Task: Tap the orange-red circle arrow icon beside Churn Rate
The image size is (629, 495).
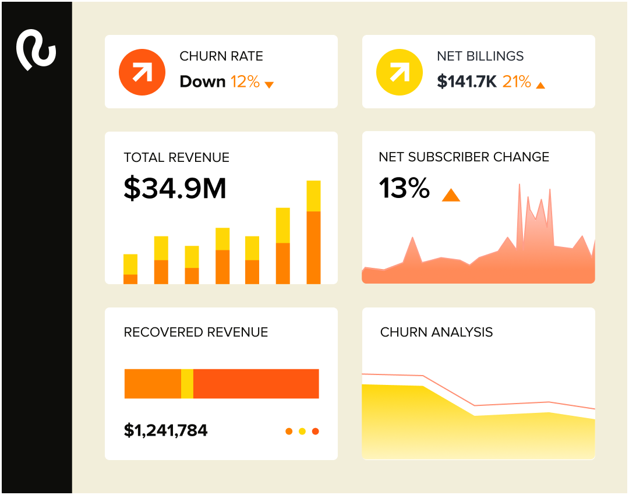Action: [142, 72]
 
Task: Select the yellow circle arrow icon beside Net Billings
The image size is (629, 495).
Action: [399, 72]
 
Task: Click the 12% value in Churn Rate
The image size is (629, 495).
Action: [245, 82]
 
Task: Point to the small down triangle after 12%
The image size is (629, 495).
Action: [269, 85]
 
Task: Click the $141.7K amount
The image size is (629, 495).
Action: [467, 82]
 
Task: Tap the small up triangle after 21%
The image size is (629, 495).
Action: [540, 85]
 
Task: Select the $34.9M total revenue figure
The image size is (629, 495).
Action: [175, 188]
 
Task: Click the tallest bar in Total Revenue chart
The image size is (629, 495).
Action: [313, 233]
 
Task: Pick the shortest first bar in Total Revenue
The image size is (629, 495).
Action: [130, 269]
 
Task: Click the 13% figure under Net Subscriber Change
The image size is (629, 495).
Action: [404, 189]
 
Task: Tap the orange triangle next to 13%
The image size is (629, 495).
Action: [451, 195]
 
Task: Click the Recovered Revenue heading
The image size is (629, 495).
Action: [196, 333]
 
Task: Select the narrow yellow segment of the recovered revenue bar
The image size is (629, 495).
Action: [187, 384]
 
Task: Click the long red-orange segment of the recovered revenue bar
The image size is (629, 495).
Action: [256, 384]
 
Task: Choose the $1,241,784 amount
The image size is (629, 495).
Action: [165, 430]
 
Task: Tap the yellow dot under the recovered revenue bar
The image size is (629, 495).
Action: [302, 432]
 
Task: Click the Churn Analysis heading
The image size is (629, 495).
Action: [436, 333]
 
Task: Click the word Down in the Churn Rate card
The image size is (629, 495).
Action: [202, 82]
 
